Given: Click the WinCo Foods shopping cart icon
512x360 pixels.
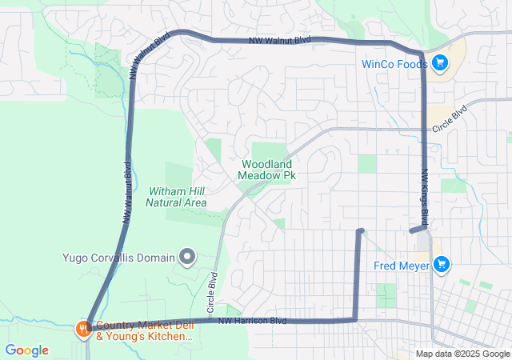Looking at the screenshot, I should (x=439, y=62).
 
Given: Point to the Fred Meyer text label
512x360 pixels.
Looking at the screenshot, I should (x=402, y=266).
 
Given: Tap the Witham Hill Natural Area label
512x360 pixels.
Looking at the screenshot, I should (x=176, y=197).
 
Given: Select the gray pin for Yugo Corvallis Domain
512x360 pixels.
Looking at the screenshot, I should (x=187, y=257).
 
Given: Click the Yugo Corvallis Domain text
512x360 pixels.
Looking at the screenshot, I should (x=118, y=258).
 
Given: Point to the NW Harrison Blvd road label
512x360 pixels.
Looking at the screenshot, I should (x=253, y=321).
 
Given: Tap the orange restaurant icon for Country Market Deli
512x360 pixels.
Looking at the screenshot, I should (x=82, y=328).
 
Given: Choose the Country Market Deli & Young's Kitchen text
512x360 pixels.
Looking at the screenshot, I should (x=144, y=331).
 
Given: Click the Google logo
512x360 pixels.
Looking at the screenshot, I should (x=27, y=350).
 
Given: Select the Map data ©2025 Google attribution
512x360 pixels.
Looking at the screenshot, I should (x=462, y=354).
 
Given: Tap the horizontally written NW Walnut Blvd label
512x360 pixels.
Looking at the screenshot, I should (x=279, y=40).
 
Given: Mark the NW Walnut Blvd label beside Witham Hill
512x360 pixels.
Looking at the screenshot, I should (x=126, y=192).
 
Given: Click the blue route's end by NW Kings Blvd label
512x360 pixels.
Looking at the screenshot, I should (x=411, y=230).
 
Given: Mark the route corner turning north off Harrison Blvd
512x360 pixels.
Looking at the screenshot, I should (x=355, y=320).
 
